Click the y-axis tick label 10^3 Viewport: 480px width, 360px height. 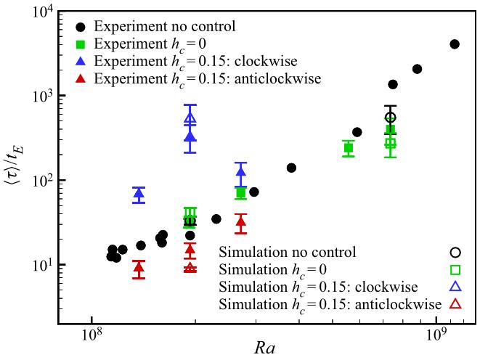(x=41, y=96)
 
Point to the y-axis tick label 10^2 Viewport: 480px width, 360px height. (x=41, y=180)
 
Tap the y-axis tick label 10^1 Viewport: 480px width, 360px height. (x=41, y=264)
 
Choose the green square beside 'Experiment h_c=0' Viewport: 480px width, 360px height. (x=81, y=44)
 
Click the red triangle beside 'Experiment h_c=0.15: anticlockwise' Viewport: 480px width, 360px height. (x=81, y=77)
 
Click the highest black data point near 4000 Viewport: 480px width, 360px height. (x=455, y=44)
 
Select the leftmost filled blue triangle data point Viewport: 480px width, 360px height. (x=139, y=194)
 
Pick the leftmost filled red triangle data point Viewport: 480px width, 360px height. (x=139, y=267)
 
